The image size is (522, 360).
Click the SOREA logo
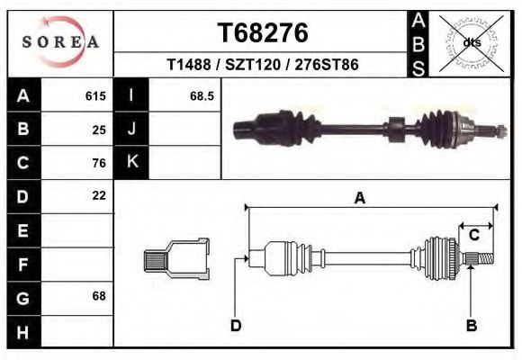(x=60, y=42)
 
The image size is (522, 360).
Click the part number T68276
(x=263, y=32)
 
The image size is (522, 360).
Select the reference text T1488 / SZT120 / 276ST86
(x=263, y=66)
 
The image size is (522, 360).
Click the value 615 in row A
(x=95, y=95)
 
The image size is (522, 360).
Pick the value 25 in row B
(x=99, y=129)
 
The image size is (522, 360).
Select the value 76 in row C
(x=99, y=163)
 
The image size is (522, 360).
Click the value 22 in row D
(x=99, y=195)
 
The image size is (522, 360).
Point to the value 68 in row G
(x=99, y=295)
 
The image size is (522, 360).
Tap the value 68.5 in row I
(x=201, y=95)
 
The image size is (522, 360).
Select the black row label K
(x=131, y=163)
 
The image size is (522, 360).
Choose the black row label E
(x=23, y=230)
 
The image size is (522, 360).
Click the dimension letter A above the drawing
(x=359, y=199)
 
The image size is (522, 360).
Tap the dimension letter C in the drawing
(x=473, y=236)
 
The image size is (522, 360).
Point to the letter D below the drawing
(x=236, y=325)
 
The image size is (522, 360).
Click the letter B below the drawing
(x=470, y=325)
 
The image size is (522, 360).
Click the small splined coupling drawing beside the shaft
(x=176, y=259)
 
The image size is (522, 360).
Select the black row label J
(x=131, y=129)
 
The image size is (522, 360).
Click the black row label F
(x=23, y=264)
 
